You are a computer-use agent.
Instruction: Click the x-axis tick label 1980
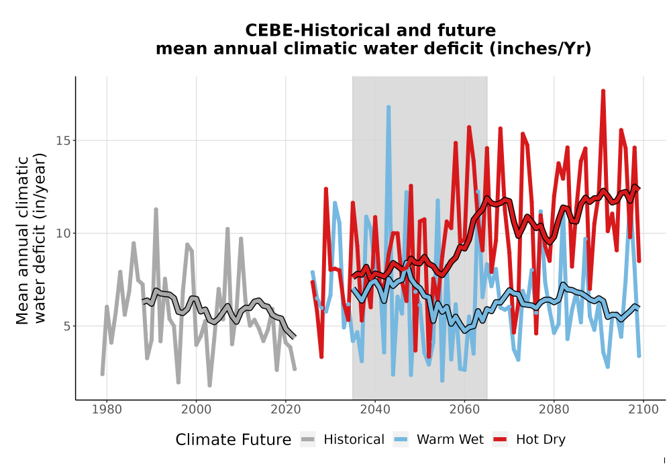click(x=107, y=409)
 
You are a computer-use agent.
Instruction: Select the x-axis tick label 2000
click(x=196, y=409)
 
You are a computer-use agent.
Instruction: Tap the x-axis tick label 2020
click(x=285, y=409)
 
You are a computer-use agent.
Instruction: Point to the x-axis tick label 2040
click(x=375, y=409)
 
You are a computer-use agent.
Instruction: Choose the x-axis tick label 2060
click(x=464, y=409)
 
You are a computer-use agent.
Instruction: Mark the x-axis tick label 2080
click(x=554, y=409)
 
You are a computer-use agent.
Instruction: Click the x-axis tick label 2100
click(x=643, y=409)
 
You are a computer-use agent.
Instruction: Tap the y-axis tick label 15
click(x=63, y=140)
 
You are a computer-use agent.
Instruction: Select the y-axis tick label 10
click(x=63, y=233)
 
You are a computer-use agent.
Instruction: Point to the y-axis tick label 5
click(x=66, y=326)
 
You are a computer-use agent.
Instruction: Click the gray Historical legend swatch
click(x=308, y=439)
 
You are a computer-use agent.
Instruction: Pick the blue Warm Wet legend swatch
click(x=401, y=439)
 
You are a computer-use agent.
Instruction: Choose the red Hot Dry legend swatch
click(x=500, y=439)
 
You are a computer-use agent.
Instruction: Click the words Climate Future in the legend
click(x=234, y=440)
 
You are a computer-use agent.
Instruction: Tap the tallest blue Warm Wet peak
click(x=389, y=107)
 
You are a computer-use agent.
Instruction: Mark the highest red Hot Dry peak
click(x=603, y=91)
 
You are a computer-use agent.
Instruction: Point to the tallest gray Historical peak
click(x=156, y=209)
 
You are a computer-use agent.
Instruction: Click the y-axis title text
click(x=30, y=240)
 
